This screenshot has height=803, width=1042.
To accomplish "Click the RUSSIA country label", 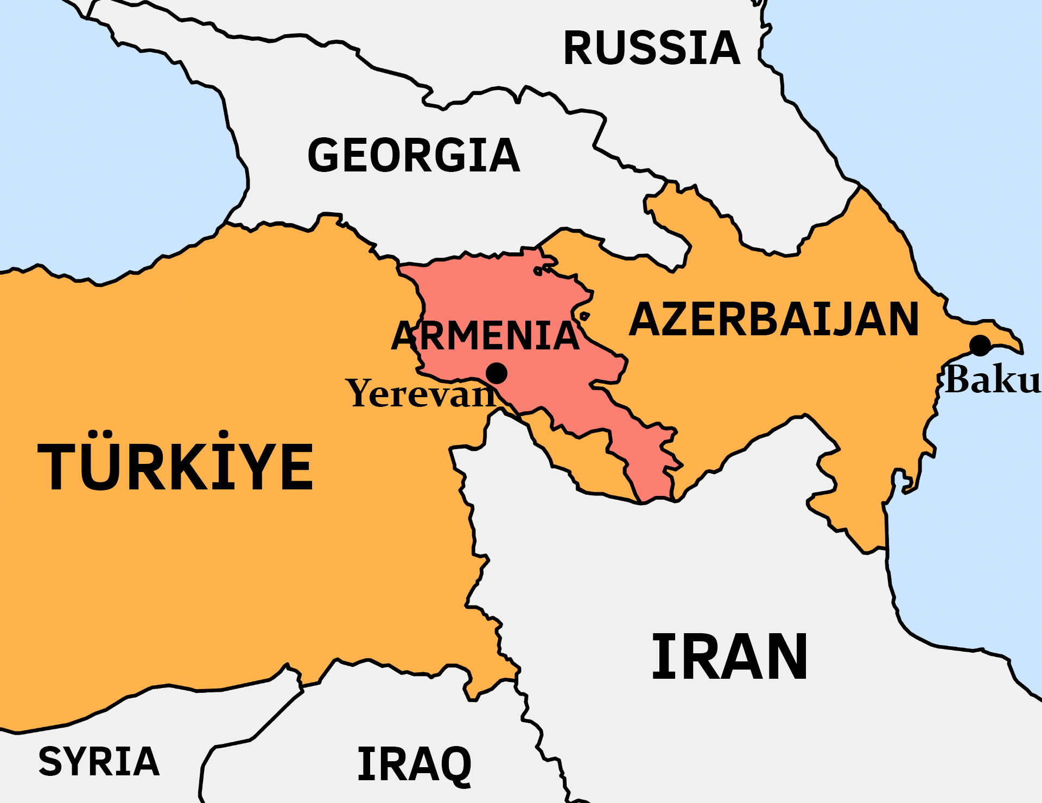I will click(x=652, y=48).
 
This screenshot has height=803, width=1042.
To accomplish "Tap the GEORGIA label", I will click(x=414, y=156).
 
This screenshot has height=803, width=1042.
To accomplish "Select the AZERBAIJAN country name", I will click(x=774, y=320).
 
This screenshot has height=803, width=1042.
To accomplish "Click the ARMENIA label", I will click(x=485, y=336).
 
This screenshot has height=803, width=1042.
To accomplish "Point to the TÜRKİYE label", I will click(x=175, y=466).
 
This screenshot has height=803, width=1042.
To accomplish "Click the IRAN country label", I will click(x=729, y=657).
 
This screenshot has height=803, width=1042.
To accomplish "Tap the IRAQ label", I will click(x=415, y=764).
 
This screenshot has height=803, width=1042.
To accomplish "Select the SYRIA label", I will click(x=99, y=762).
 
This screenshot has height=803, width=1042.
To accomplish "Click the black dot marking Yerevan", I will click(x=496, y=373).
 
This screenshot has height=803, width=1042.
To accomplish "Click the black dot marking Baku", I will click(x=980, y=346).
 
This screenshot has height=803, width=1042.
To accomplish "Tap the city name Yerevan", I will click(x=421, y=393).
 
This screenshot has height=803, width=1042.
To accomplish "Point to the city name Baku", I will click(x=992, y=379).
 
